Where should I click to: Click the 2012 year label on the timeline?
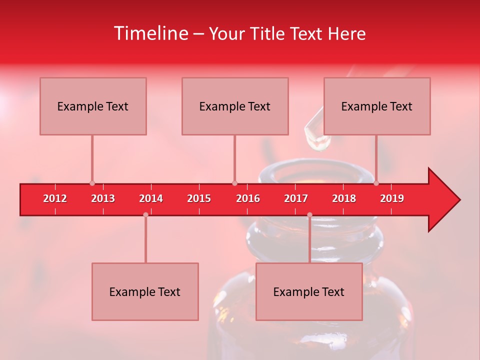55,198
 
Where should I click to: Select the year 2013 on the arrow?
103,198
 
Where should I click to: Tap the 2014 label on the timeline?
151,198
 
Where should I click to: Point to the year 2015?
199,198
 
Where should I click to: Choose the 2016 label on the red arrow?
248,198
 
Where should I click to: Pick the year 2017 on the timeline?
296,198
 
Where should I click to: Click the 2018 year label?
344,198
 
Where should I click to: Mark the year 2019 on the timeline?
392,198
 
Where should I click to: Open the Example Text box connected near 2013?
93,106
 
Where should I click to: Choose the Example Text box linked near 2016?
235,106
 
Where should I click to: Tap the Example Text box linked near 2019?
377,106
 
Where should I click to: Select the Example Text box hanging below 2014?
145,291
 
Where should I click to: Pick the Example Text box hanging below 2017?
309,291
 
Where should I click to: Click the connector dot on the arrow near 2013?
92,183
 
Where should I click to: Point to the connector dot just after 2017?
309,215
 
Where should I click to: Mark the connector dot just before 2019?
376,183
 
